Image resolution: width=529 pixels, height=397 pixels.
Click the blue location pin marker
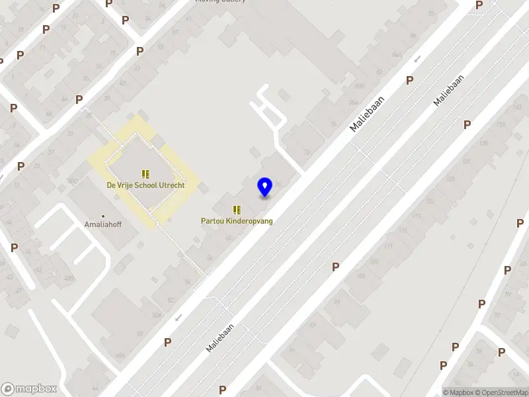pyautogui.click(x=265, y=187)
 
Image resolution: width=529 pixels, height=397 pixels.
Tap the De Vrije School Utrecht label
pyautogui.click(x=145, y=185)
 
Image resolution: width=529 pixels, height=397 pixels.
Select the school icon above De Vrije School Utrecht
pyautogui.click(x=145, y=174)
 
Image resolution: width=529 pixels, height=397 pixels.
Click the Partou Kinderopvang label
pyautogui.click(x=237, y=221)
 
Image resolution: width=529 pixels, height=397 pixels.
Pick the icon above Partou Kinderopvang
pyautogui.click(x=237, y=210)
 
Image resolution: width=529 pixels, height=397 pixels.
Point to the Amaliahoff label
pyautogui.click(x=102, y=225)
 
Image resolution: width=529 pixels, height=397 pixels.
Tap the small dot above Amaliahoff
pyautogui.click(x=102, y=216)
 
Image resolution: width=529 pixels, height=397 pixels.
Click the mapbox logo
pyautogui.click(x=29, y=389)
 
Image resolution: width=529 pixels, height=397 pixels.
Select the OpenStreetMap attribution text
pyautogui.click(x=505, y=392)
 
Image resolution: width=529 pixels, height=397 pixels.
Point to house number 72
pyautogui.click(x=307, y=152)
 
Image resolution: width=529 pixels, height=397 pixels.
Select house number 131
pyautogui.click(x=468, y=161)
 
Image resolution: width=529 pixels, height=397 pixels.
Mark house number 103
pyautogui.click(x=360, y=276)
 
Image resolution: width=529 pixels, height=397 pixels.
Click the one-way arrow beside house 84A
pyautogui.click(x=417, y=60)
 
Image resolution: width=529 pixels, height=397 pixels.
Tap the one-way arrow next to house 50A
pyautogui.click(x=177, y=318)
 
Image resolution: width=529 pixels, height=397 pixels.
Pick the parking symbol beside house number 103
pyautogui.click(x=336, y=267)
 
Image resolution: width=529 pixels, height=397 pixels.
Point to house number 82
pyautogui.click(x=379, y=71)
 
